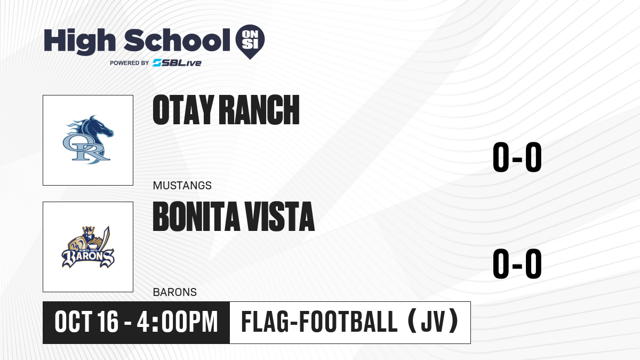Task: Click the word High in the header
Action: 79,41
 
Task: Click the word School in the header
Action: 177,40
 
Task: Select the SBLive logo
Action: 177,63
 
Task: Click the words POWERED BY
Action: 130,63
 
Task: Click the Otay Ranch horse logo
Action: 88,140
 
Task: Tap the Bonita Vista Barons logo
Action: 88,247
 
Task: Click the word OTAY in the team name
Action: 183,110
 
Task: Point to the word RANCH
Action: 259,110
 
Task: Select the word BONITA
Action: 196,217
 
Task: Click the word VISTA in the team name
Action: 280,217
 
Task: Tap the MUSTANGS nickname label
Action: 182,186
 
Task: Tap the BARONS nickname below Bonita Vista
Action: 175,292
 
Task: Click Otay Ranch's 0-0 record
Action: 517,157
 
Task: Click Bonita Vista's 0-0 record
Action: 517,263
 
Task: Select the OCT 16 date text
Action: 86,322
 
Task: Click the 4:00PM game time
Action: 178,322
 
